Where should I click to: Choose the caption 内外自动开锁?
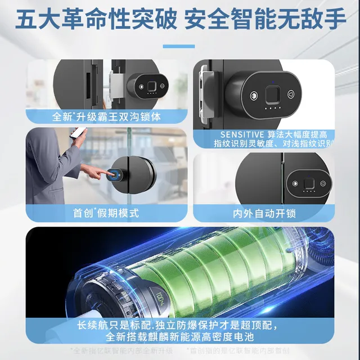[x=264, y=214]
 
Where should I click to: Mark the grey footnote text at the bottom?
[x=180, y=350]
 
